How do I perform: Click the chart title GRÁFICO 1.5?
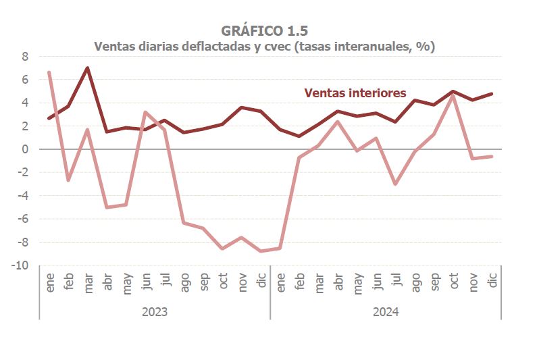264,30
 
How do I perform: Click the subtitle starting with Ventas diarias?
264,47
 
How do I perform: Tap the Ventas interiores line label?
355,93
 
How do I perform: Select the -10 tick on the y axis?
20,265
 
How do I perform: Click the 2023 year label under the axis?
155,312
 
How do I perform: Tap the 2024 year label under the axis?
386,312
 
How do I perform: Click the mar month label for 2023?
88,284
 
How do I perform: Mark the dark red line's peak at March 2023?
88,68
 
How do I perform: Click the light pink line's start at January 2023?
49,72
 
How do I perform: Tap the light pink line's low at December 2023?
261,251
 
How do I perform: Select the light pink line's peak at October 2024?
453,95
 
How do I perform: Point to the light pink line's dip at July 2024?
395,184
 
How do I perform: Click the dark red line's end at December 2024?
492,94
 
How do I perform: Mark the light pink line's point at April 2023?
107,207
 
